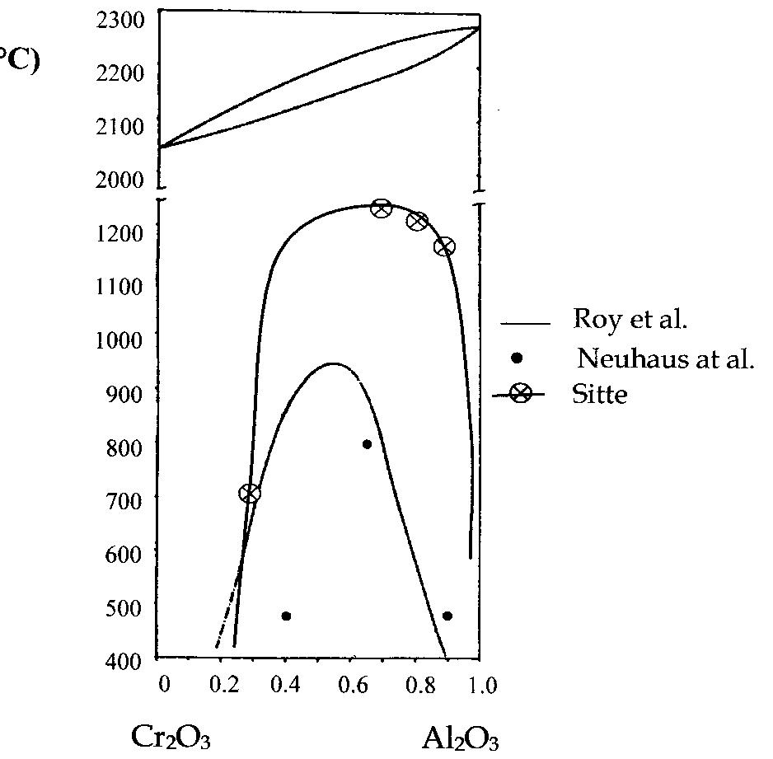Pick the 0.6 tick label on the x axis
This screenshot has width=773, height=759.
pyautogui.click(x=354, y=686)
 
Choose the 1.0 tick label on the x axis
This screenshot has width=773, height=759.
pyautogui.click(x=482, y=686)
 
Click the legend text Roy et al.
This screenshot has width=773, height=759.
pyautogui.click(x=629, y=320)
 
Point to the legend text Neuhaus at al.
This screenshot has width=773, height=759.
pyautogui.click(x=665, y=358)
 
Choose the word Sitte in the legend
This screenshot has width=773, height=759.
pyautogui.click(x=599, y=395)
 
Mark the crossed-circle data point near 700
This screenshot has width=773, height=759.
pyautogui.click(x=250, y=493)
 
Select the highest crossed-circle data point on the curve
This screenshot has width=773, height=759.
pyautogui.click(x=381, y=208)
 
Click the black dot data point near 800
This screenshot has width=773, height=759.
pyautogui.click(x=367, y=444)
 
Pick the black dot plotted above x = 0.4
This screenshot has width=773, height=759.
pyautogui.click(x=286, y=616)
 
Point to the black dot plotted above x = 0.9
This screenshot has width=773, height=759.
pyautogui.click(x=447, y=616)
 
